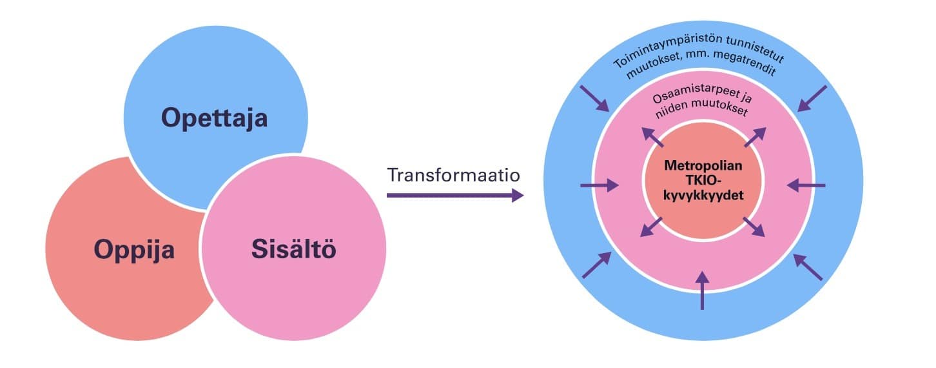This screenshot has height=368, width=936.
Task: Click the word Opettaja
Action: tap(214, 118)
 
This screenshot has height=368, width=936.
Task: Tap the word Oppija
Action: tap(134, 249)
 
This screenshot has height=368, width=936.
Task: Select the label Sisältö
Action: tap(294, 249)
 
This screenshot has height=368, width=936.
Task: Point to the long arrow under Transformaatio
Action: tap(454, 194)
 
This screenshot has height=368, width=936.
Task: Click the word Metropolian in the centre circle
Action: tap(703, 165)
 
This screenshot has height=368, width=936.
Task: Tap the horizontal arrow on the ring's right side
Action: tap(806, 186)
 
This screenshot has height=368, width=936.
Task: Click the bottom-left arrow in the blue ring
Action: tap(596, 265)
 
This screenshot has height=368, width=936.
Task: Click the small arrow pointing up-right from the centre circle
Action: tap(756, 137)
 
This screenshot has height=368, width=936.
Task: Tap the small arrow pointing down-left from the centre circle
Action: tap(652, 227)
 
